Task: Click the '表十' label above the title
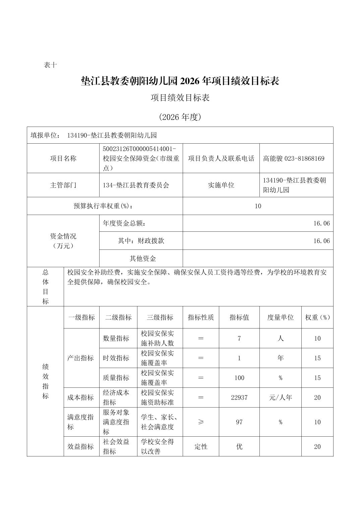click(x=50, y=65)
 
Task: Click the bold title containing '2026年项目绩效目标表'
click(x=180, y=81)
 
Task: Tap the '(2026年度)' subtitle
click(x=180, y=117)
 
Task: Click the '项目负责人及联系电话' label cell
click(x=221, y=158)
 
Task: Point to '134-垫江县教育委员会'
click(x=136, y=185)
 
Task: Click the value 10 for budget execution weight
click(x=257, y=206)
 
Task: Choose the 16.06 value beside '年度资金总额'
click(x=321, y=223)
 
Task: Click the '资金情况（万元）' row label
click(x=63, y=241)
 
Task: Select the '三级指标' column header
click(x=160, y=317)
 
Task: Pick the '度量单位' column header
click(x=280, y=317)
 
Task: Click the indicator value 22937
click(x=239, y=397)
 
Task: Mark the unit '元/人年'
click(x=280, y=397)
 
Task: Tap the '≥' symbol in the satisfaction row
click(x=201, y=422)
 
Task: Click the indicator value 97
click(x=239, y=422)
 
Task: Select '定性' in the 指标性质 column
click(x=201, y=446)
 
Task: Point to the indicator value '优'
click(x=239, y=446)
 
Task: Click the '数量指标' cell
click(x=116, y=339)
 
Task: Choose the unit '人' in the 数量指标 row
click(x=280, y=339)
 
